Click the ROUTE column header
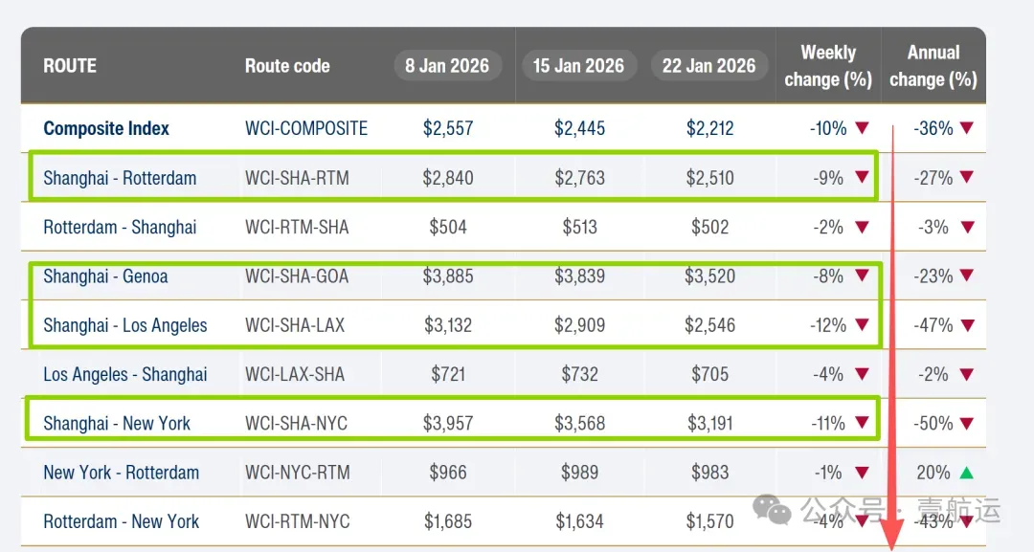coord(70,66)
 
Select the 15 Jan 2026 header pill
coord(578,66)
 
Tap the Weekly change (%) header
coord(828,66)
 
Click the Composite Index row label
coord(106,128)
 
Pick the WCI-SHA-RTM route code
coord(298,178)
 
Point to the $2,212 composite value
coord(709,128)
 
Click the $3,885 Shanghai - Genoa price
coord(448,276)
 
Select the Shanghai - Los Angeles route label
coord(125,325)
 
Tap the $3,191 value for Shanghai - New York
coord(709,424)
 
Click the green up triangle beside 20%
coord(967,473)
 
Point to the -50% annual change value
coord(933,424)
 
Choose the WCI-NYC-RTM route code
coord(298,473)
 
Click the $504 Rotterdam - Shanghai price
coord(448,228)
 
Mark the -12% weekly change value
coord(828,325)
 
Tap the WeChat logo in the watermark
coord(772,509)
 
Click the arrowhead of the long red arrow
coord(893,534)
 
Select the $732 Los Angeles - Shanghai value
coord(579,375)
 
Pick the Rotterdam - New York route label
coord(122,521)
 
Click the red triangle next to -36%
coord(967,128)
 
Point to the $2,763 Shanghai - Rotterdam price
coord(579,178)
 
